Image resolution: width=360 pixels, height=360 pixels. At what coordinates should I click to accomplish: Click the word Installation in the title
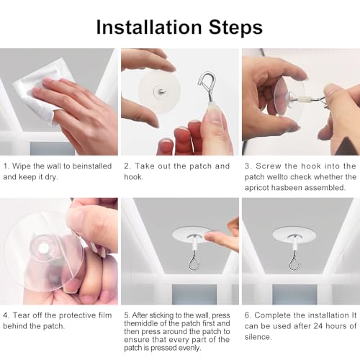[149, 27]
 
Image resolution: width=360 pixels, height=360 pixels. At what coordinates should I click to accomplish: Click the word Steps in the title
[235, 27]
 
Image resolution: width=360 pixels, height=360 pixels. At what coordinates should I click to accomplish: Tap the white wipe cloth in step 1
[37, 91]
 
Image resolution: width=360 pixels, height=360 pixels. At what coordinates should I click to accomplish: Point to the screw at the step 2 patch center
[160, 91]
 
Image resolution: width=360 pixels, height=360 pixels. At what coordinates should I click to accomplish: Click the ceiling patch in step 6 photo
[294, 234]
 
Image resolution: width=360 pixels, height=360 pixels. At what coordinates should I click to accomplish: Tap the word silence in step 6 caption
[258, 337]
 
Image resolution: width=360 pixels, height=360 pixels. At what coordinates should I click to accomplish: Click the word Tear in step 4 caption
[21, 315]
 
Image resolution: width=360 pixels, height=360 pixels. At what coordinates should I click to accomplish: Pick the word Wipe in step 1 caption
[20, 166]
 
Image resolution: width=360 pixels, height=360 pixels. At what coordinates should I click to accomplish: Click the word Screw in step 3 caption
[269, 166]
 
